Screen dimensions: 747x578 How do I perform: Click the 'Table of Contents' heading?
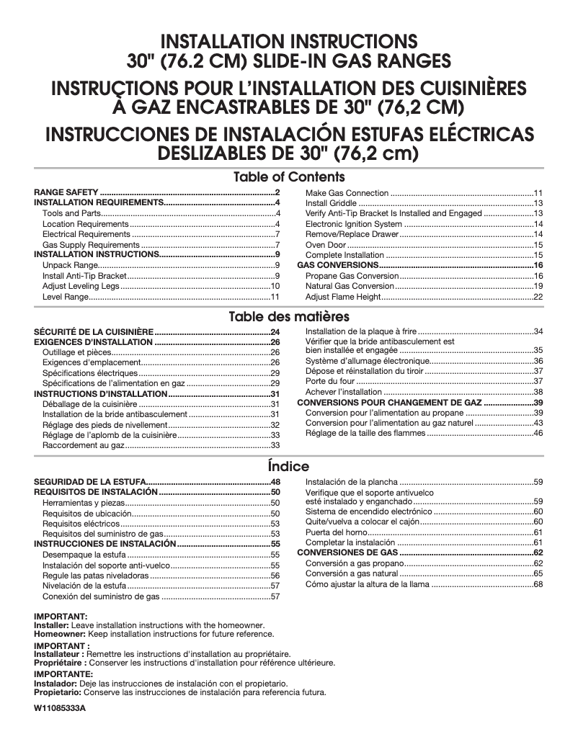(289, 177)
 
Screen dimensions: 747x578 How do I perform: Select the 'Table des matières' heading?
(289, 317)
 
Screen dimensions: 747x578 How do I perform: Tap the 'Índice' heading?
(288, 466)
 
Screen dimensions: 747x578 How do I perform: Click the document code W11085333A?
(60, 709)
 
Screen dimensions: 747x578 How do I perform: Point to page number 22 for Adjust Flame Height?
(538, 297)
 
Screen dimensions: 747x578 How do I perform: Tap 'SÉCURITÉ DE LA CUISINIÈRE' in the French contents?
(94, 331)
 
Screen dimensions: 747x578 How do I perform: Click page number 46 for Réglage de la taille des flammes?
(538, 433)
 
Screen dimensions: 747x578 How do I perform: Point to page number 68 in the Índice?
(538, 584)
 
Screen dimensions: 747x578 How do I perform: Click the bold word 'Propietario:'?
(58, 692)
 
